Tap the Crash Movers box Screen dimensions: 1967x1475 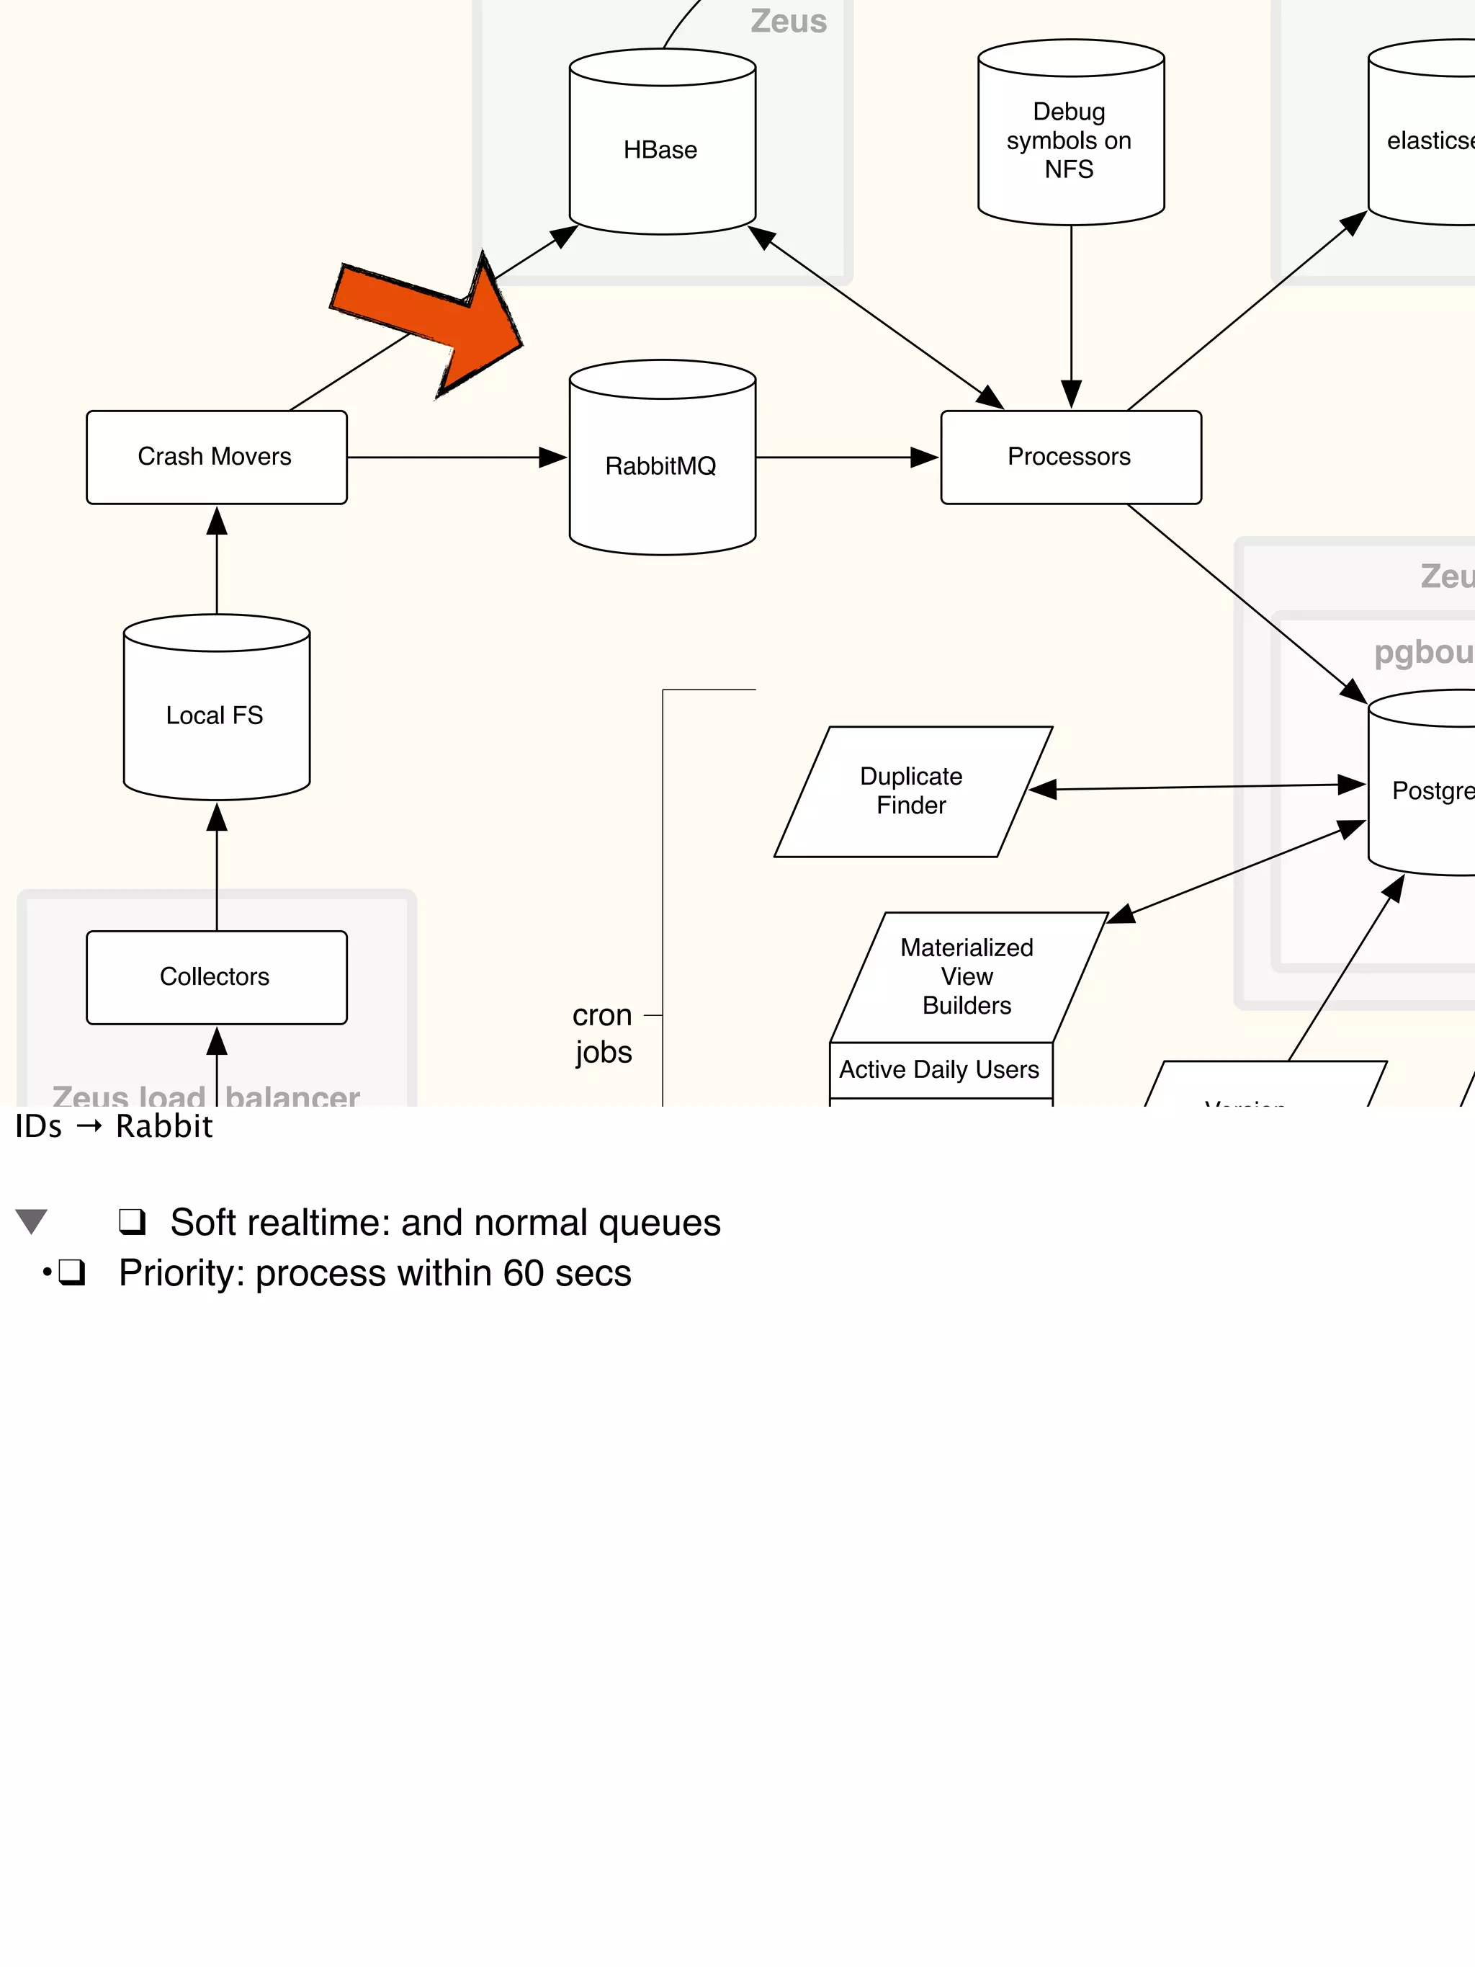point(216,457)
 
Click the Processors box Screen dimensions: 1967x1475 point(1070,457)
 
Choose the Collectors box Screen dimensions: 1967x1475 point(216,977)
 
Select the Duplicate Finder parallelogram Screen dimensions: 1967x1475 point(913,791)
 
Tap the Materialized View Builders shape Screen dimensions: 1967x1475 point(967,976)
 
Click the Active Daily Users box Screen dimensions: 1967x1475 point(940,1070)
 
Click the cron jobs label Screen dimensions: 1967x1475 point(603,1033)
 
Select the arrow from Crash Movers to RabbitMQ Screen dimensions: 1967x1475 point(454,457)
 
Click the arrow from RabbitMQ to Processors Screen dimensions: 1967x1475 point(845,457)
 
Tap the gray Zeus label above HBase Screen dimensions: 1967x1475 point(789,22)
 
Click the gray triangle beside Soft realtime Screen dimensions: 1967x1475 point(32,1221)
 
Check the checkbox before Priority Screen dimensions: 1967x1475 point(72,1272)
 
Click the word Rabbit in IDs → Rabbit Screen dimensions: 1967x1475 point(164,1127)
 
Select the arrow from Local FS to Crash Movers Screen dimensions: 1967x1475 point(216,561)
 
